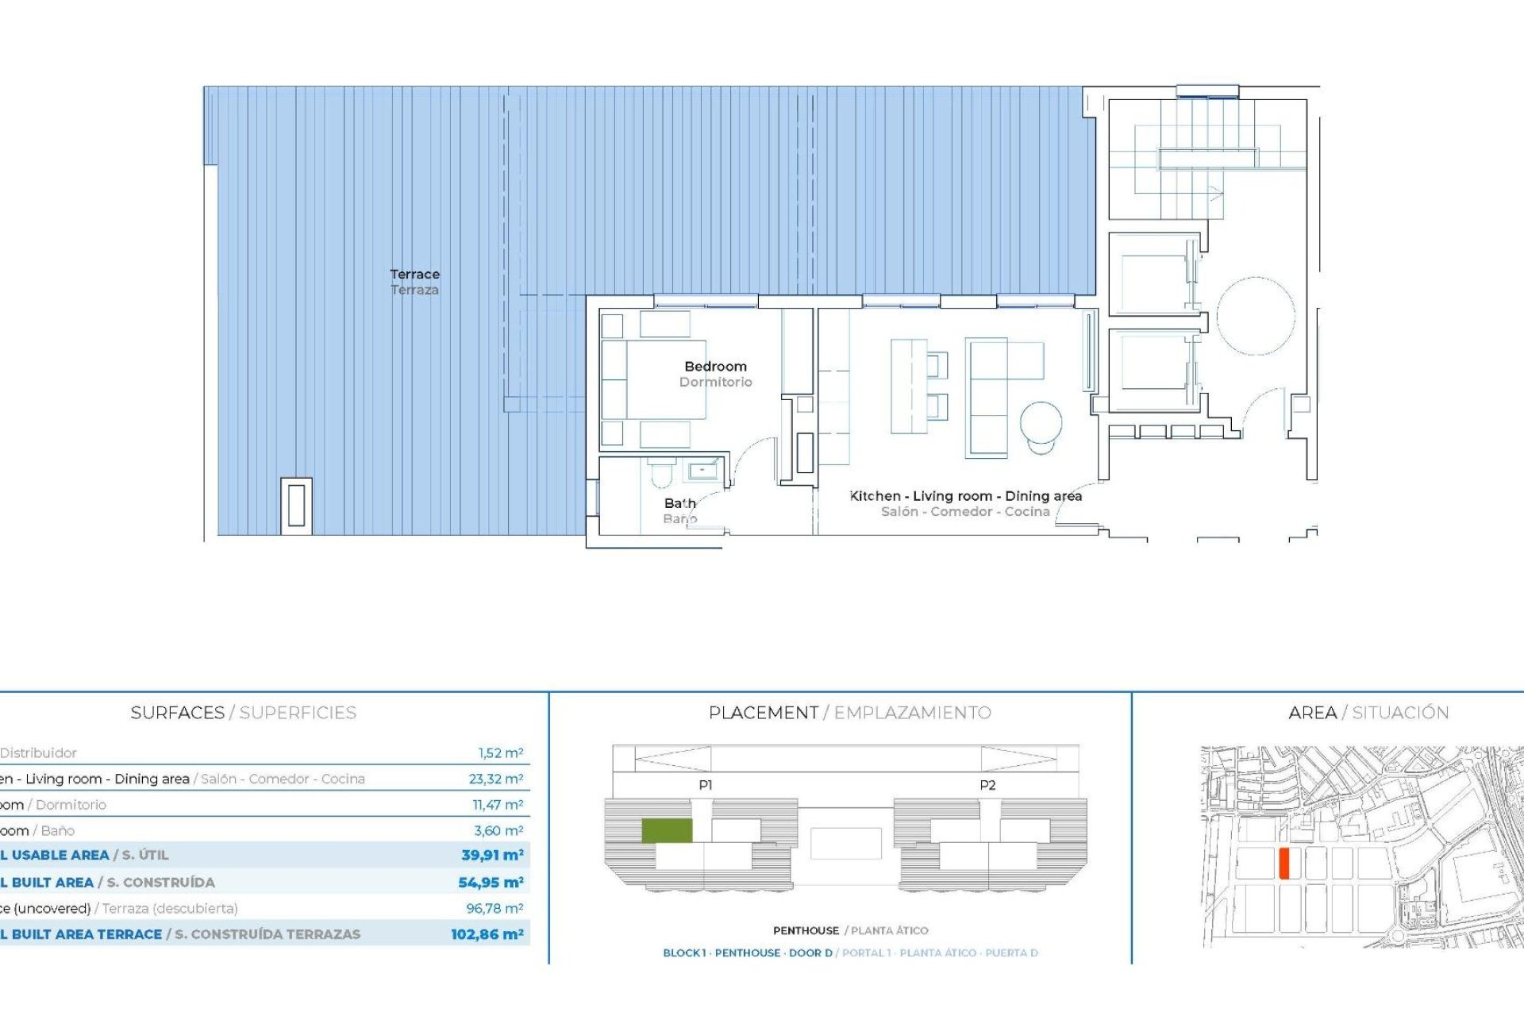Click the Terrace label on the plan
click(414, 275)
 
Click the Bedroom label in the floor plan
click(715, 367)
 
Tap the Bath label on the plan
click(679, 503)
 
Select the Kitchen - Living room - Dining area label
click(965, 496)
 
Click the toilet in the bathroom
click(660, 474)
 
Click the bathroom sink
click(702, 471)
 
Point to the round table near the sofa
click(1041, 422)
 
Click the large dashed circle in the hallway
click(1256, 316)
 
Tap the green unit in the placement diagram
click(666, 830)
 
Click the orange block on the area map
click(1283, 863)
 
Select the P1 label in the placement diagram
click(705, 785)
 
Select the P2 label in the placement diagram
click(987, 785)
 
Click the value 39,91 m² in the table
click(492, 855)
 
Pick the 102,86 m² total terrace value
click(487, 934)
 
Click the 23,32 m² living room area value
click(495, 779)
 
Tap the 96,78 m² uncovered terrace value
click(495, 908)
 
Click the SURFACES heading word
click(177, 713)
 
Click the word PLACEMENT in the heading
click(763, 713)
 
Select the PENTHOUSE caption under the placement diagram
click(806, 930)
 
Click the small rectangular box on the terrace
click(296, 505)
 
